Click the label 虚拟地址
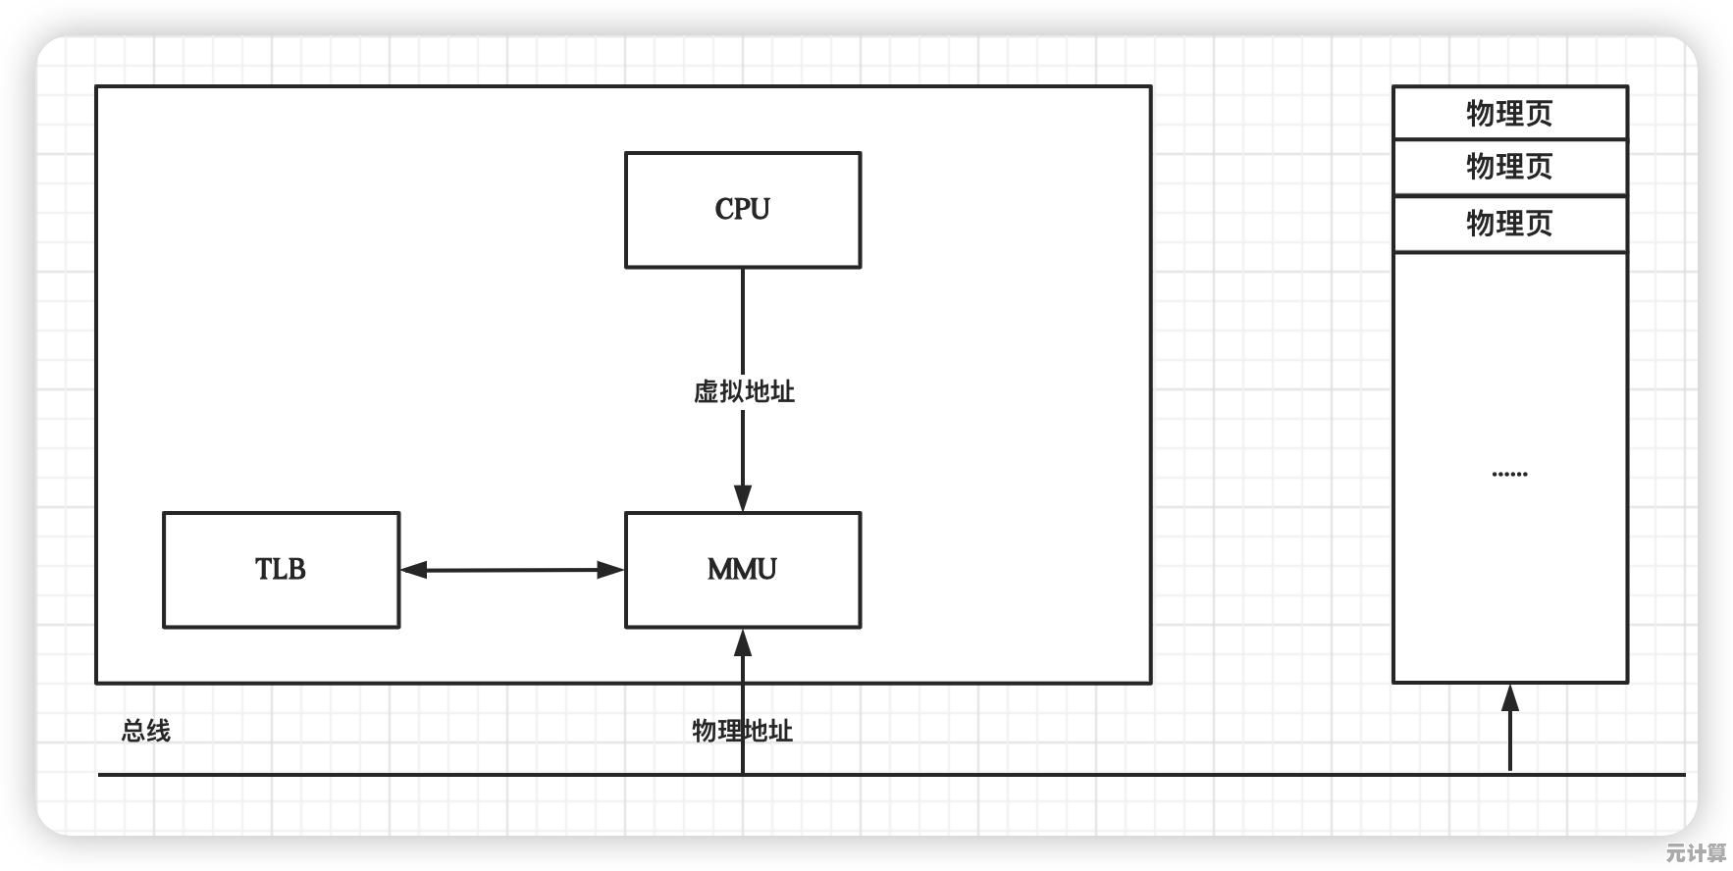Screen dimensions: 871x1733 (743, 391)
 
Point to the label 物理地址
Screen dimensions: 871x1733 (742, 731)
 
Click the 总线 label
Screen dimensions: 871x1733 (145, 731)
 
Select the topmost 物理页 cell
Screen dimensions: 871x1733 (1509, 113)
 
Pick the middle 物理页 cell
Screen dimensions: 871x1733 (1509, 167)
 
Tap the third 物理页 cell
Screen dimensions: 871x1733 (1509, 224)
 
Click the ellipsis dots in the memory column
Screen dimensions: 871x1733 (1509, 474)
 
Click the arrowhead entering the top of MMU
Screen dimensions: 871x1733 (743, 497)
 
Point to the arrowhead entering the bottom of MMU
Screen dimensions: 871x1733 (743, 643)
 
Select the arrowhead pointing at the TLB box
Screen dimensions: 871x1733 (414, 569)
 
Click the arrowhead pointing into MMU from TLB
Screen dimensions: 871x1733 (610, 569)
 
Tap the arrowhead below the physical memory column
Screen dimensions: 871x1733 (1510, 698)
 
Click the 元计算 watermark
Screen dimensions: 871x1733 (1696, 852)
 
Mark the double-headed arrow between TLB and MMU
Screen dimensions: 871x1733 (511, 569)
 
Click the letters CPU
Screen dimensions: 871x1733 (742, 209)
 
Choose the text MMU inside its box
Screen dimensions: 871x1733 (742, 569)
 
